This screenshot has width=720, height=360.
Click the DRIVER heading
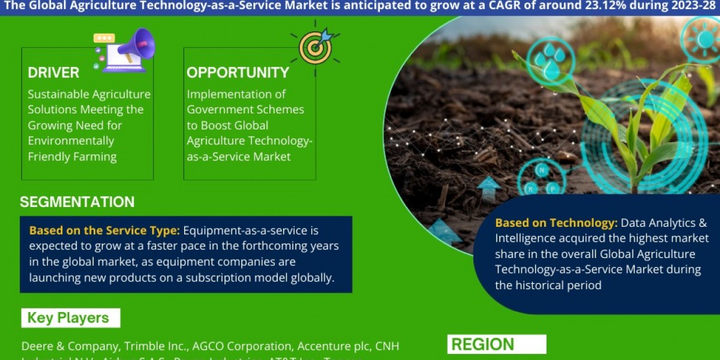(x=53, y=73)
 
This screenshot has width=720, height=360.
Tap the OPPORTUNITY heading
(x=238, y=73)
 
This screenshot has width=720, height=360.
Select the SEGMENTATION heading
(x=77, y=202)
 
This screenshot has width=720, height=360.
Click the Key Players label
(x=68, y=318)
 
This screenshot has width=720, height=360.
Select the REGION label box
(x=496, y=344)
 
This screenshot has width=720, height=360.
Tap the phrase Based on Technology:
(x=556, y=223)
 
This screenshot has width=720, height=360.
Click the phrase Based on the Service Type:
(x=104, y=230)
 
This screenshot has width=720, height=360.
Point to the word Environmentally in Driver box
(x=70, y=141)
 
